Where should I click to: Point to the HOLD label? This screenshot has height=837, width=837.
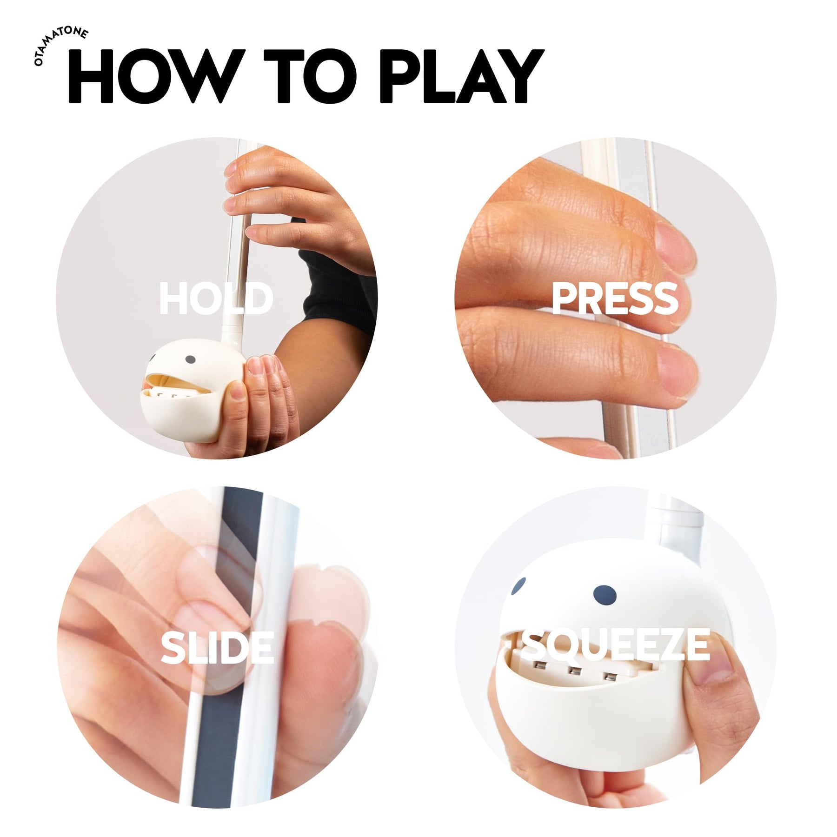pyautogui.click(x=216, y=299)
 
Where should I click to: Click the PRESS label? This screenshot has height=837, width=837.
pyautogui.click(x=615, y=299)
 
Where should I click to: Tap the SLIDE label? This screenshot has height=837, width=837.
pyautogui.click(x=217, y=648)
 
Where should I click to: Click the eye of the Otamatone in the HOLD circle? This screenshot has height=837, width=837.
pyautogui.click(x=190, y=359)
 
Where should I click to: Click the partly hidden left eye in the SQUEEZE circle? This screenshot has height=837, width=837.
pyautogui.click(x=518, y=587)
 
